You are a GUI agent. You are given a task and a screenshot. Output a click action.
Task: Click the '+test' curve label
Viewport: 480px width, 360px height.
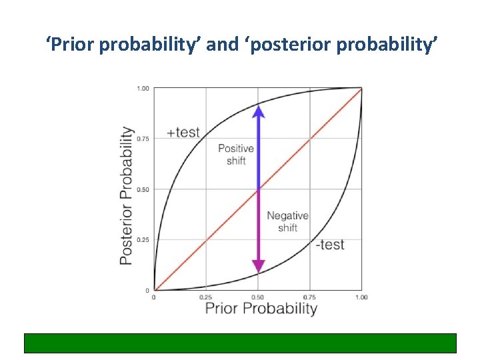[183, 132]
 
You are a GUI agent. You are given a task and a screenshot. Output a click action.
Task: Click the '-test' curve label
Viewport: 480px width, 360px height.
[330, 245]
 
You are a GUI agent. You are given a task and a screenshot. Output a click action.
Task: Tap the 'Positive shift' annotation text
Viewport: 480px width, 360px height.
[236, 155]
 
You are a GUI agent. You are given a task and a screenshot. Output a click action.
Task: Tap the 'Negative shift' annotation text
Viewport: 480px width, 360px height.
[287, 222]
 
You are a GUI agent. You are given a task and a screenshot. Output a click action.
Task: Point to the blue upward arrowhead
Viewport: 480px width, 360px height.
[259, 110]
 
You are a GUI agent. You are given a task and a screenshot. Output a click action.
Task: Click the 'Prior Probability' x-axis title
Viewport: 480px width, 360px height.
[261, 308]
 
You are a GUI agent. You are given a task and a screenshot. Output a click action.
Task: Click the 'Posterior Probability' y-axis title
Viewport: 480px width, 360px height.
[126, 195]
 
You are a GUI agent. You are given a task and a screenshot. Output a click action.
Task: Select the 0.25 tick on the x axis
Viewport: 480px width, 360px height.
[205, 297]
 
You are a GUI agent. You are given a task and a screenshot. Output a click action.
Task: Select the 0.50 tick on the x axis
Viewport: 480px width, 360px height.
[258, 297]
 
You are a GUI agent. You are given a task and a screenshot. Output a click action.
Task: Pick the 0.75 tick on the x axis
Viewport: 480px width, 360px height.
[309, 297]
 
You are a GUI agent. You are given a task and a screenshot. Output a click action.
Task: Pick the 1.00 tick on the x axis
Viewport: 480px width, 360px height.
[361, 297]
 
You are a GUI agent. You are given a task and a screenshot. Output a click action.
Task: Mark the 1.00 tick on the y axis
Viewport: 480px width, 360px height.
[143, 88]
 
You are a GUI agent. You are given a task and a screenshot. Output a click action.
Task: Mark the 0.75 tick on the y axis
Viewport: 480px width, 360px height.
[143, 139]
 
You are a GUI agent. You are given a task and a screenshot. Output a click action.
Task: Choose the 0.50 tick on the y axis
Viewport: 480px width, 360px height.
[143, 189]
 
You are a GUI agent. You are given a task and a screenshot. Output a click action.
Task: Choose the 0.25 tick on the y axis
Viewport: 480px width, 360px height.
[143, 240]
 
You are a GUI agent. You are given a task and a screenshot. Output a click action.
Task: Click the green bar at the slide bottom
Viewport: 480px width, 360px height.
[240, 343]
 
